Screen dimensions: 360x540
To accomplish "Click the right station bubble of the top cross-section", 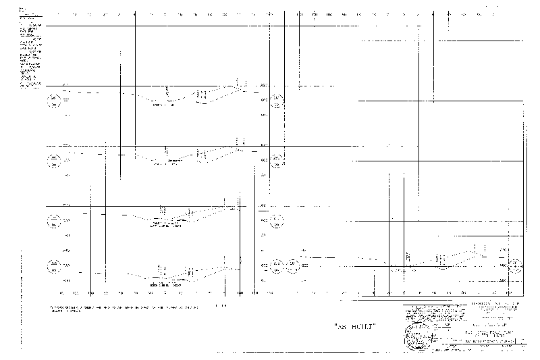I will (277, 101).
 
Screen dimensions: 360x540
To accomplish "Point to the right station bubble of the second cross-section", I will (277, 160).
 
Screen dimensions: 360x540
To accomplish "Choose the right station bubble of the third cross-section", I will (277, 220).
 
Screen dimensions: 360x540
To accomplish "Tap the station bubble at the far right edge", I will (516, 265).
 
